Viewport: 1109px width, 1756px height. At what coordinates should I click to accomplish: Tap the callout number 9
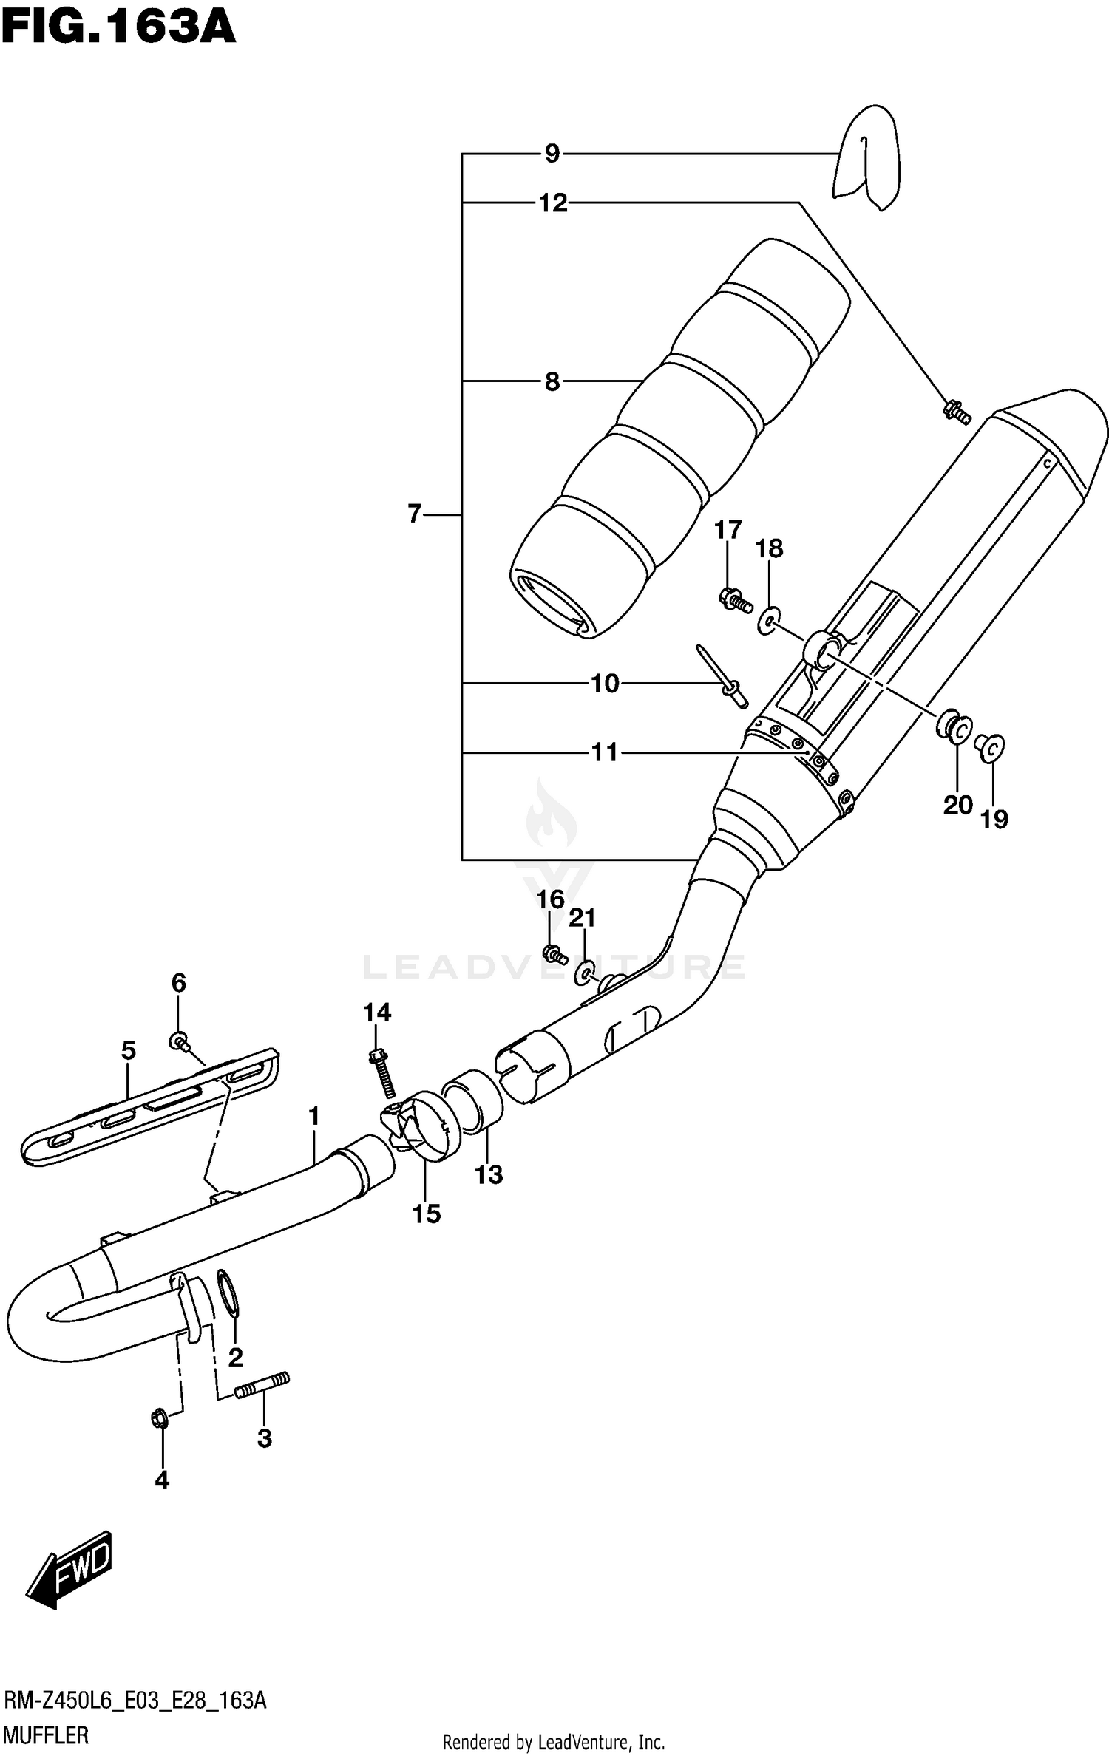pos(552,154)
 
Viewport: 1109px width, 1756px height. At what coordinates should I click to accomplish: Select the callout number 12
pos(552,203)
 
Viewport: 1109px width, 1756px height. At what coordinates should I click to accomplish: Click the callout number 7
pos(415,513)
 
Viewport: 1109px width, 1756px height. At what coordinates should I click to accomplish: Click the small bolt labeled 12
pos(955,411)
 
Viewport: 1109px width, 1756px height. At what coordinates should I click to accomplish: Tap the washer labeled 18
pos(768,620)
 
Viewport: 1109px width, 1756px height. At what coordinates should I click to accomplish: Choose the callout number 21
pos(582,918)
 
